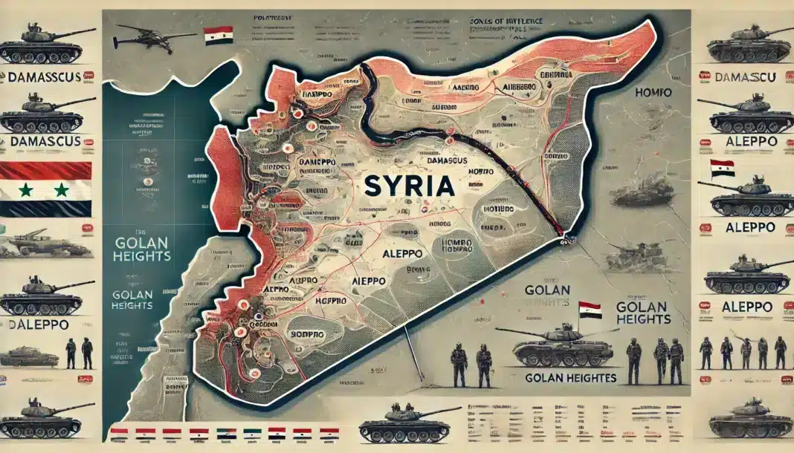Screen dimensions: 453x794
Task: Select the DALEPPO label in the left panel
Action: click(39, 324)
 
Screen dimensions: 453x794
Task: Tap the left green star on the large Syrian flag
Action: click(25, 190)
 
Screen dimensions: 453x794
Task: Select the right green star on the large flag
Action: click(61, 190)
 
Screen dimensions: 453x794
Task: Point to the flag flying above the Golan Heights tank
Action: click(590, 308)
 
